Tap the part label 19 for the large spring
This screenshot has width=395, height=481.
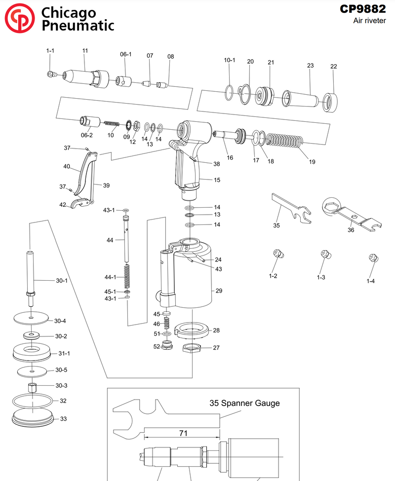point(312,161)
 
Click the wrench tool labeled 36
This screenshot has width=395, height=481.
point(348,214)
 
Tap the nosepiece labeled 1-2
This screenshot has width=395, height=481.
point(278,254)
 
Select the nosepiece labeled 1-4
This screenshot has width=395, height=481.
point(373,258)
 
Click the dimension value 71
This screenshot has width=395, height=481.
point(183,434)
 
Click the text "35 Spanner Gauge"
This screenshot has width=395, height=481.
point(244,403)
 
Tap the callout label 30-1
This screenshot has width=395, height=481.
point(61,281)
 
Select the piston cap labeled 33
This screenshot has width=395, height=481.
point(33,419)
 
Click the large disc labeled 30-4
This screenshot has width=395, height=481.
point(31,318)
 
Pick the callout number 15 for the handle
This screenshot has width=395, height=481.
point(217,180)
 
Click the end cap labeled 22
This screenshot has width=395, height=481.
point(329,102)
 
